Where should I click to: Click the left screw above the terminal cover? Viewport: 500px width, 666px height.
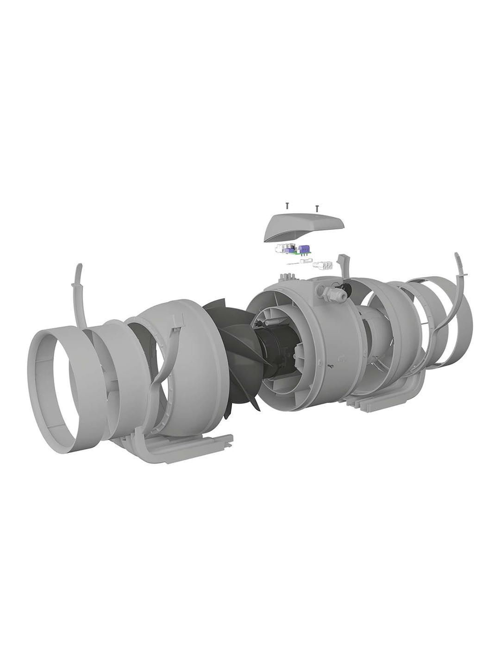(287, 205)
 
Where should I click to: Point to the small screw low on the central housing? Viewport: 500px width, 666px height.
(330, 367)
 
